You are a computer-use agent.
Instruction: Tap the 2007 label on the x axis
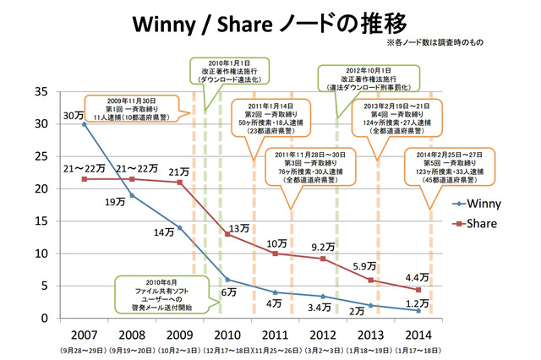(84, 330)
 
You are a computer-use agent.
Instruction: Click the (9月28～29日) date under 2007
(83, 347)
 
